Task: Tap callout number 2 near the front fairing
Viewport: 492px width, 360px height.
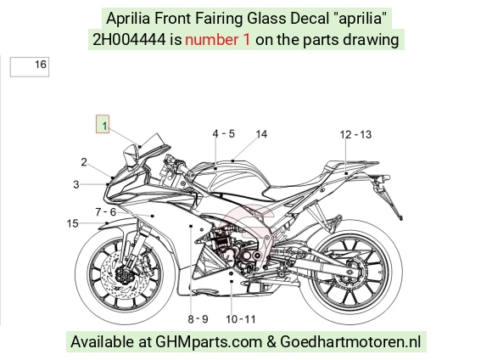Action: click(84, 162)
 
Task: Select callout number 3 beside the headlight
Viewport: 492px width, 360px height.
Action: click(76, 184)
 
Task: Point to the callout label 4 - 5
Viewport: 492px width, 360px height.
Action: click(223, 134)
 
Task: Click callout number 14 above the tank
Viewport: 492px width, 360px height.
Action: click(261, 134)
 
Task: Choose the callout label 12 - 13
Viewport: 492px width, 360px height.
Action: click(355, 135)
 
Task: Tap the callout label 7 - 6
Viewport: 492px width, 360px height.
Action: click(106, 212)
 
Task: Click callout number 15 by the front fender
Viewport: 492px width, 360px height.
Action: click(72, 223)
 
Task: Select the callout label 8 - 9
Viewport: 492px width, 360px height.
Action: click(198, 319)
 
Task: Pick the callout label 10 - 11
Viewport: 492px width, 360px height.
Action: click(241, 319)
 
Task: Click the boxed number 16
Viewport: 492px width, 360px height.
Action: click(30, 66)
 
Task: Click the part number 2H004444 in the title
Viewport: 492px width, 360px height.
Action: click(129, 40)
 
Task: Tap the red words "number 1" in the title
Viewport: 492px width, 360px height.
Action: click(218, 40)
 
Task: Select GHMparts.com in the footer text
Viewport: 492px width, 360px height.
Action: click(209, 342)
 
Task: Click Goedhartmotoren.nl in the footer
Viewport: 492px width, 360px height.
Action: click(350, 341)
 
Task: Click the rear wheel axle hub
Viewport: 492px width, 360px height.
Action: click(349, 271)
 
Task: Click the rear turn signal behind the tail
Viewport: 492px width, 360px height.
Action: click(383, 179)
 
